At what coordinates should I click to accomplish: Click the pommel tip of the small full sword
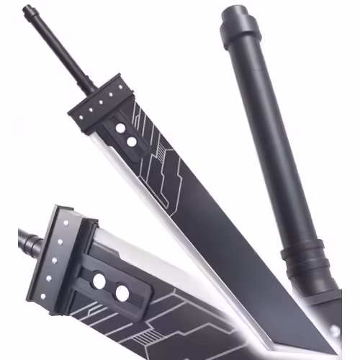point(27,9)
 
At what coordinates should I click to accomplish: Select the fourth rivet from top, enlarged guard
point(48,278)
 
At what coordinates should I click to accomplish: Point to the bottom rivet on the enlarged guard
point(42,296)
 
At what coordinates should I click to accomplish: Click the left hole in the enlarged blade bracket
point(99,281)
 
